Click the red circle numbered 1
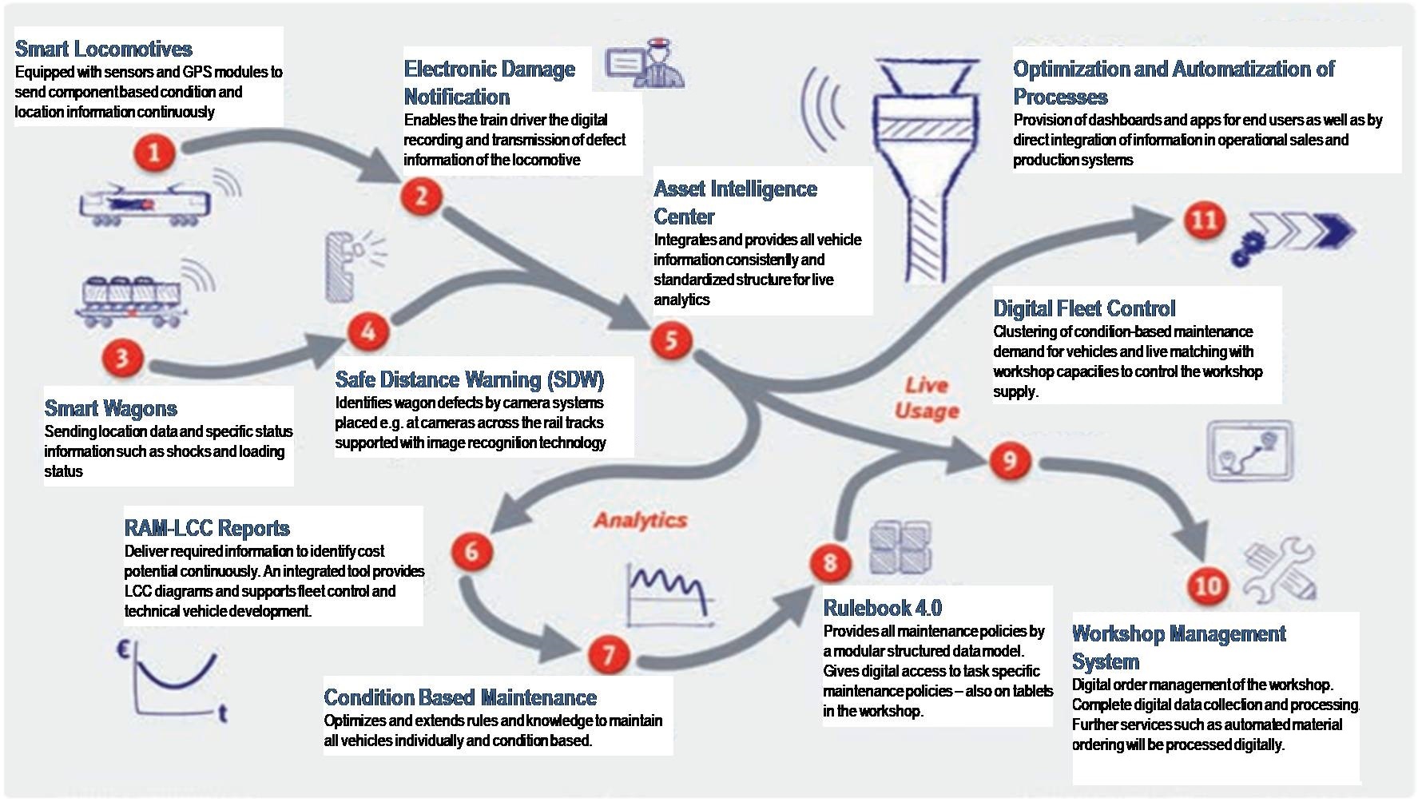(154, 152)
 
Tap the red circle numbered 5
(670, 339)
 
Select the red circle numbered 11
(1204, 220)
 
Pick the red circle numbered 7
(609, 655)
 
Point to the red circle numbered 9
(1009, 460)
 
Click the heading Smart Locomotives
(104, 49)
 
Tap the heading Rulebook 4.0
(883, 608)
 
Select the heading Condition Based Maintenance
(460, 697)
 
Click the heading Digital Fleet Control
(1084, 308)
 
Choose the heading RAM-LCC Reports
(207, 528)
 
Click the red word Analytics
(641, 520)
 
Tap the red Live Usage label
(927, 398)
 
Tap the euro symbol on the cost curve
(124, 650)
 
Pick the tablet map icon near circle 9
(1250, 451)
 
